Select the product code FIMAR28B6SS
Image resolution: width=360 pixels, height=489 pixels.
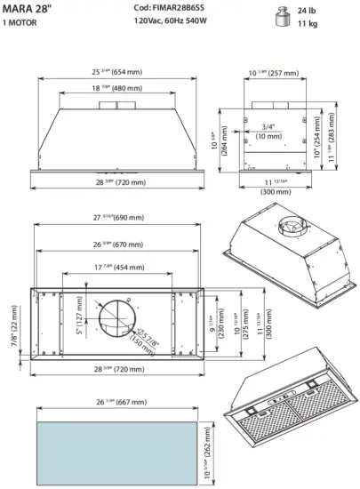170,7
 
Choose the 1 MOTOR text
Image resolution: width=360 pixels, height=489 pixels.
20,22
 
